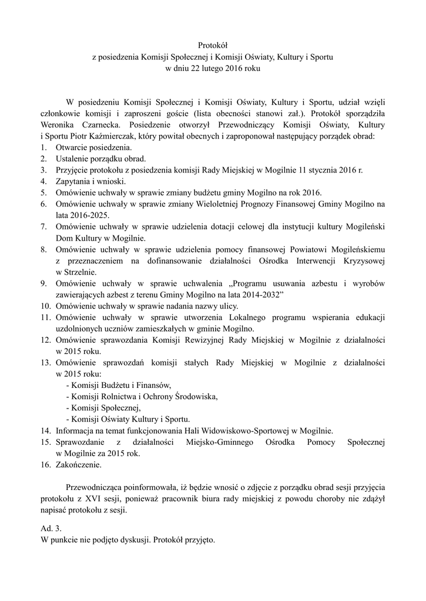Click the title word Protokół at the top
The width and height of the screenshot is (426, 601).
pos(213,45)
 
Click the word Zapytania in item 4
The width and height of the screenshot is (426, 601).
pos(74,181)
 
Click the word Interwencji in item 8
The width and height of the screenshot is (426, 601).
pos(313,261)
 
